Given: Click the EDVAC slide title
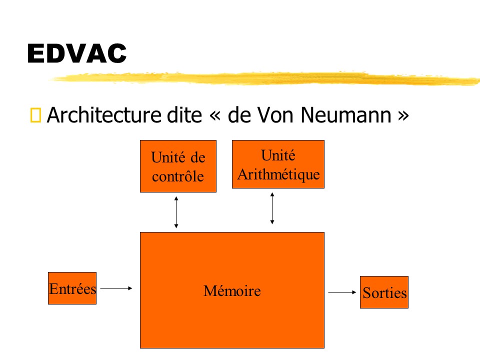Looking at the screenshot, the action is [77, 53].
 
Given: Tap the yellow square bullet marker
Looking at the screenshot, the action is [35, 115].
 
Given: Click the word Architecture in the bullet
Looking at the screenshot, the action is [104, 115].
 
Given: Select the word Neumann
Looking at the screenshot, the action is [346, 115].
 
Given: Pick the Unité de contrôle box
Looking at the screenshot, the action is [178, 166].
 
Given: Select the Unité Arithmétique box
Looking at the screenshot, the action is [278, 164].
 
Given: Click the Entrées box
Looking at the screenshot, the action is [72, 288].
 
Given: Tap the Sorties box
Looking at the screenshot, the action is [384, 292].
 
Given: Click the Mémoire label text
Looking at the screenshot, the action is [232, 290].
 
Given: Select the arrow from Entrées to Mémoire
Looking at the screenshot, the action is [116, 288].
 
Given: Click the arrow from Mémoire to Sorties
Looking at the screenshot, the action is [342, 292].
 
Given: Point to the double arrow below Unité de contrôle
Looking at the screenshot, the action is [176, 212].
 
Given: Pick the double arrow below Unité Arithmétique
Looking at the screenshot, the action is [272, 208].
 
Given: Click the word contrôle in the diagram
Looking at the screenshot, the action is [178, 176].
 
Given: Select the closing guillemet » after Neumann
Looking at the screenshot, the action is [403, 115].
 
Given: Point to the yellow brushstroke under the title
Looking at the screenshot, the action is [265, 78].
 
